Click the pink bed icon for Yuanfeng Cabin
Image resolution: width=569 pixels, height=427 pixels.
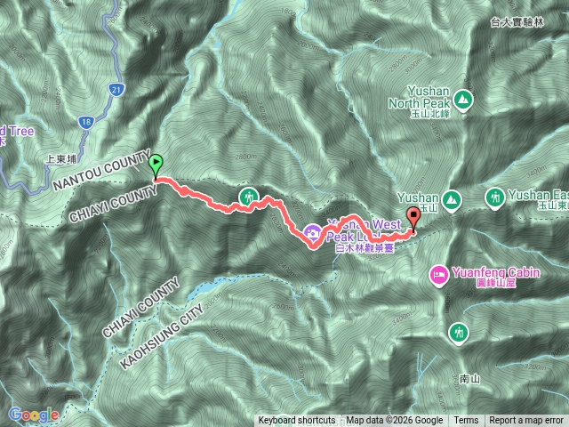(x=438, y=276)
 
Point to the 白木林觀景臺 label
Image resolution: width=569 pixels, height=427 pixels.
(x=351, y=250)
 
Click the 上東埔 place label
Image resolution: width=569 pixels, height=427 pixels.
(x=62, y=161)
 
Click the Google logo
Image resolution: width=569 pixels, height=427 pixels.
(x=34, y=415)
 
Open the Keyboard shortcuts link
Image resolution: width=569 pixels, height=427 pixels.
(x=297, y=421)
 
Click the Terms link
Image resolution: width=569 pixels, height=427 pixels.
(x=466, y=421)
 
